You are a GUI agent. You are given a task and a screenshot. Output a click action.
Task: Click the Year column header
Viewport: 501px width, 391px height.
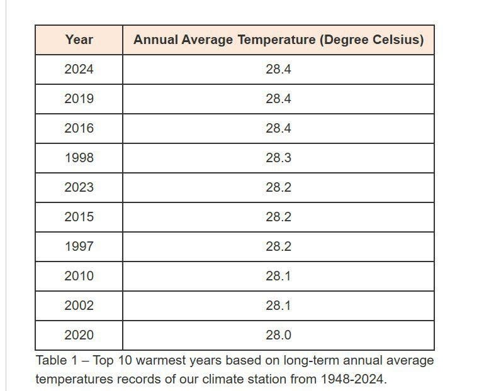pyautogui.click(x=79, y=40)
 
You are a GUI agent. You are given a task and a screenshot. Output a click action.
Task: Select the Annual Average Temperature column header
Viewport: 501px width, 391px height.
pyautogui.click(x=279, y=40)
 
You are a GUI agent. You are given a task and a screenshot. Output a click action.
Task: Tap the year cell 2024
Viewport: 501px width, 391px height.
pyautogui.click(x=79, y=69)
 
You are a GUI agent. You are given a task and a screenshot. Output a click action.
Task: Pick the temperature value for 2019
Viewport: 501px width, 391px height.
pyautogui.click(x=278, y=99)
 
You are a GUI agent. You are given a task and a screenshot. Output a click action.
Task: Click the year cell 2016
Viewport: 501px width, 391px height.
pyautogui.click(x=79, y=128)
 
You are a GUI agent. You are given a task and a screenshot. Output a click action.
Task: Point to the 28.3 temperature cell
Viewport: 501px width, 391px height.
pyautogui.click(x=278, y=158)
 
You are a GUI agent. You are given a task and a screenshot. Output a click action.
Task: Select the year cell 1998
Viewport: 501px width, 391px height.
pyautogui.click(x=79, y=158)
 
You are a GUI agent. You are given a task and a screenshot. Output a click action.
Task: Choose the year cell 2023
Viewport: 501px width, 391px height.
pyautogui.click(x=79, y=187)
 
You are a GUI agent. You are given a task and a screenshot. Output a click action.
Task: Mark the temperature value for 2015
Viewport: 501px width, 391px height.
pyautogui.click(x=278, y=217)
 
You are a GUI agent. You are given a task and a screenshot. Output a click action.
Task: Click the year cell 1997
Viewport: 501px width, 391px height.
pyautogui.click(x=79, y=246)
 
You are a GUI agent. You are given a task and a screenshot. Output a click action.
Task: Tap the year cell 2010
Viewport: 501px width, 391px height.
pyautogui.click(x=79, y=276)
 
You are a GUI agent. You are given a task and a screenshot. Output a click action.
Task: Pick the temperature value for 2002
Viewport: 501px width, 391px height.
pyautogui.click(x=278, y=306)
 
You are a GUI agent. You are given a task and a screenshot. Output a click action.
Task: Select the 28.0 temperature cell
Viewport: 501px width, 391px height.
pyautogui.click(x=278, y=335)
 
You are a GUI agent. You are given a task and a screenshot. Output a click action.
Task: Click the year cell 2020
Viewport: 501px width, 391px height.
pyautogui.click(x=79, y=335)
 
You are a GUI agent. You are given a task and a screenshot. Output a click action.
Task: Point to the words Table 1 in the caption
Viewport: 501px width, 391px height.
pyautogui.click(x=57, y=360)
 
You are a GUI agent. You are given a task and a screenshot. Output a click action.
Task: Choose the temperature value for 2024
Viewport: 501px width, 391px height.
pyautogui.click(x=278, y=69)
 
